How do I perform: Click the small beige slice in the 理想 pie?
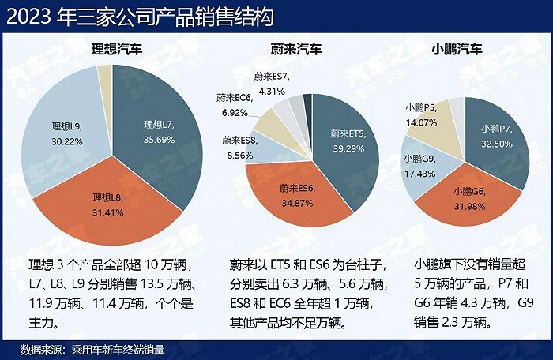(104, 76)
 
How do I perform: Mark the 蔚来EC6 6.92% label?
(235, 103)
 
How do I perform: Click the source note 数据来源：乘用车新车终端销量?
(98, 348)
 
